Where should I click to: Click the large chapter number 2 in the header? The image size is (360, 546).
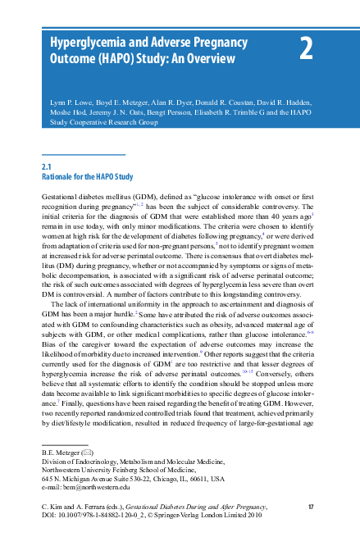[x=306, y=49]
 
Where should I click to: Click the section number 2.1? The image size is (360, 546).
[x=47, y=167]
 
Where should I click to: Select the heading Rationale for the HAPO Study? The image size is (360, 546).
[x=88, y=177]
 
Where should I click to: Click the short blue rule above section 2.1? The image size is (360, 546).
[x=83, y=154]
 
